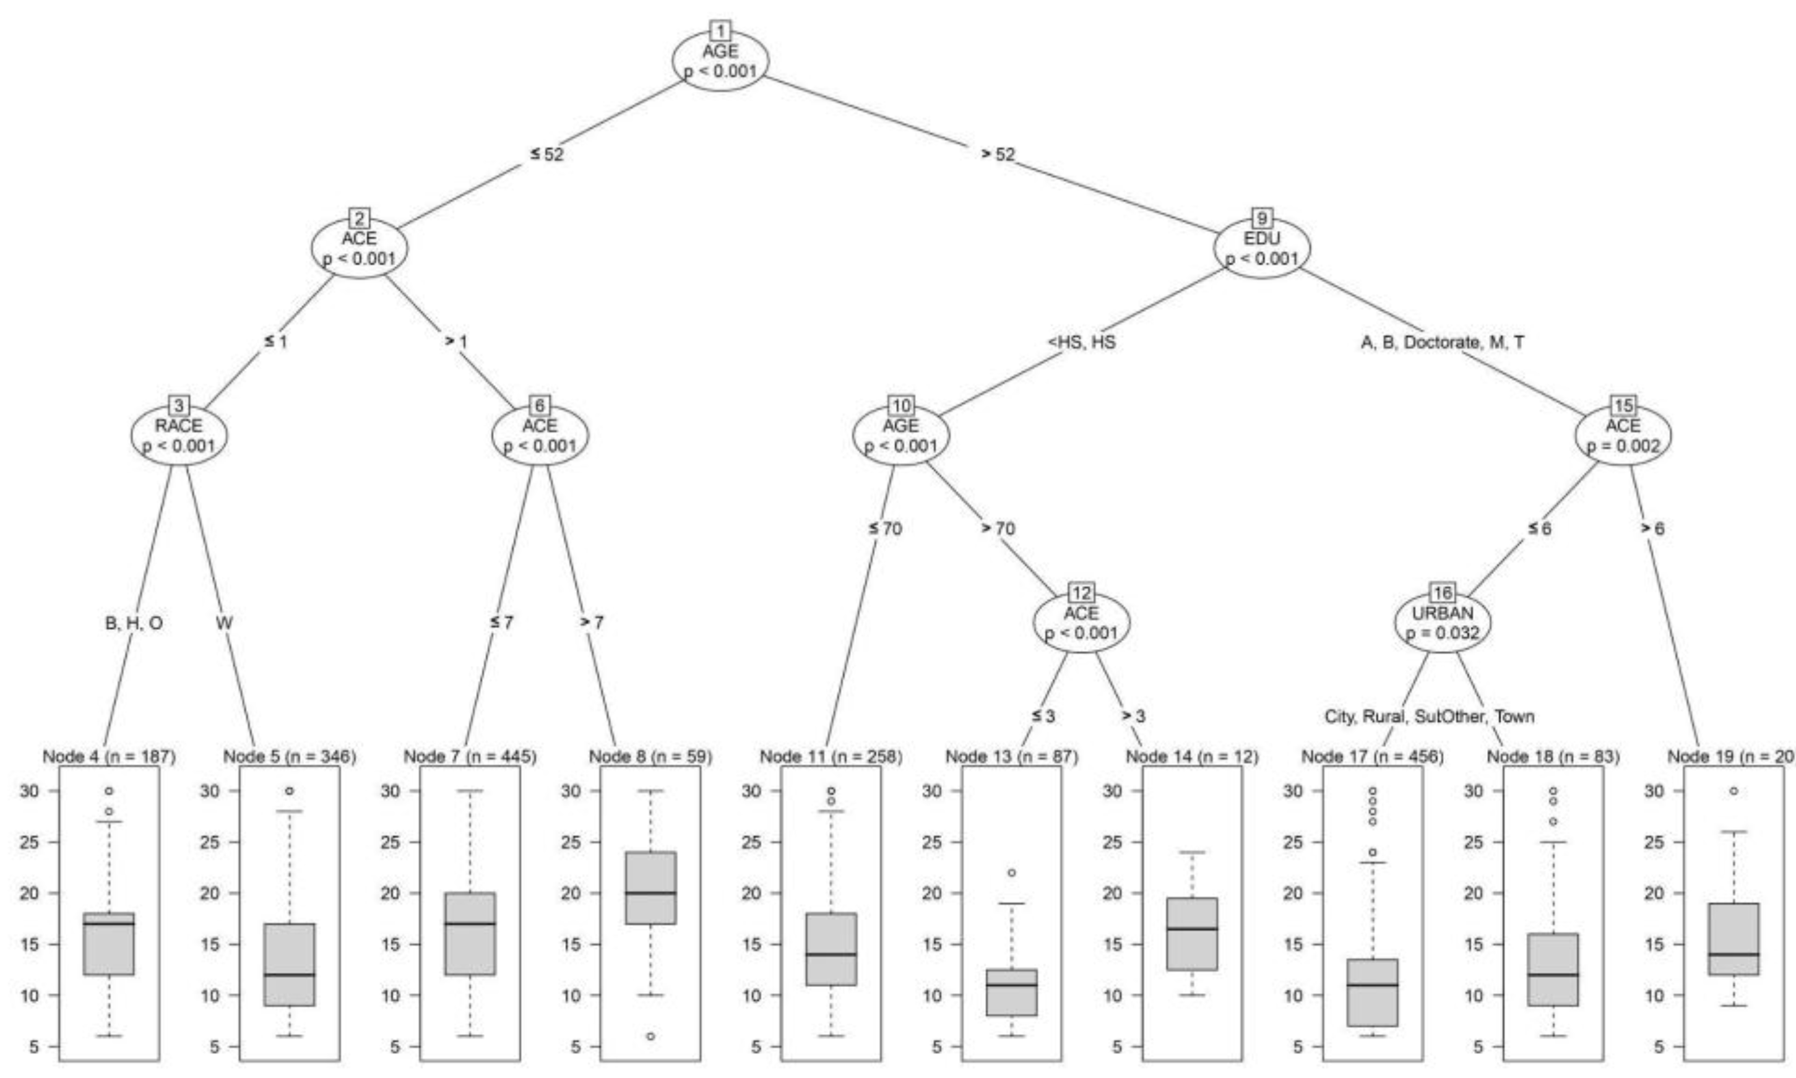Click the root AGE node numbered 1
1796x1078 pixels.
(720, 61)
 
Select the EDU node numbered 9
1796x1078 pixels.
(1261, 248)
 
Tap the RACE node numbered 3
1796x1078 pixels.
(179, 435)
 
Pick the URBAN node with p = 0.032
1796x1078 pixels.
(1443, 623)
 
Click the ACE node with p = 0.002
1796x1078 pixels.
(1623, 435)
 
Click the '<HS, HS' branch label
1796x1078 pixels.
(1082, 342)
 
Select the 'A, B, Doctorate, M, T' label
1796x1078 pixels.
(1443, 342)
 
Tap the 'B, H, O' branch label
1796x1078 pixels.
(134, 623)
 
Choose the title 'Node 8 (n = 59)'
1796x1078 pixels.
(650, 756)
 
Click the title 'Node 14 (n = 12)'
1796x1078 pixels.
(1192, 756)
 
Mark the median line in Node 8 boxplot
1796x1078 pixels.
(650, 893)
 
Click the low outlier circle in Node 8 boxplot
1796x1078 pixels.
(650, 1037)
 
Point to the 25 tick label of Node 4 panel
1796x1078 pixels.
(30, 842)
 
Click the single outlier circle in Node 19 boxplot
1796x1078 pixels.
(1734, 791)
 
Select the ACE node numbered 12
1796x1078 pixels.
(1081, 623)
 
